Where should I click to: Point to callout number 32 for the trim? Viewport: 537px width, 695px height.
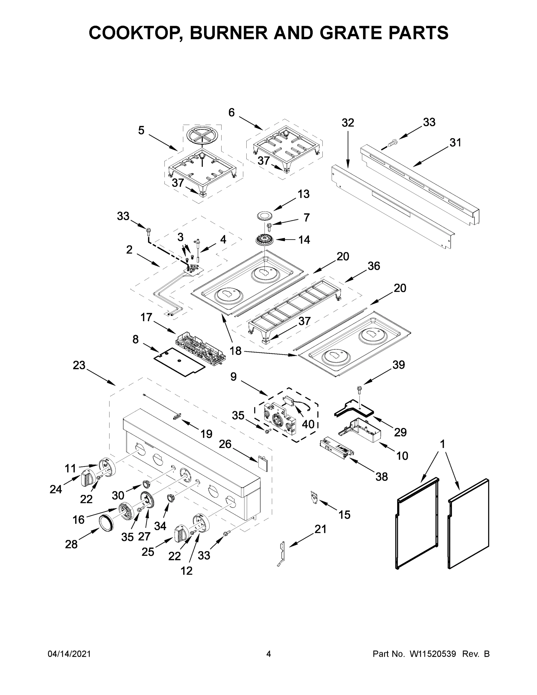point(348,122)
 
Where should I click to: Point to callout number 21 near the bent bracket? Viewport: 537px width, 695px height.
point(320,529)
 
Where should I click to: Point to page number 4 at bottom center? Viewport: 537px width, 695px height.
point(269,654)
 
